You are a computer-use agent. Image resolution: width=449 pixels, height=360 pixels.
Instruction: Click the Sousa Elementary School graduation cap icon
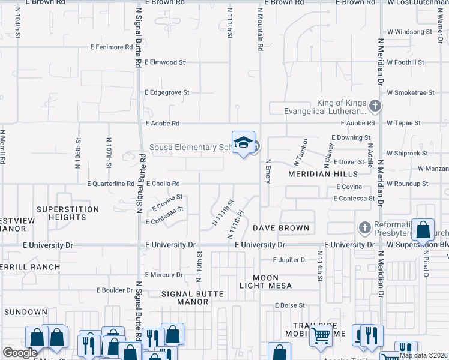point(243,143)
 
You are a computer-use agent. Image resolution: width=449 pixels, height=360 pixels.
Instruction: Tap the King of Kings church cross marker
point(375,107)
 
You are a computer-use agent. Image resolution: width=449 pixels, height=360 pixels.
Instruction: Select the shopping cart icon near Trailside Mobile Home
point(321,338)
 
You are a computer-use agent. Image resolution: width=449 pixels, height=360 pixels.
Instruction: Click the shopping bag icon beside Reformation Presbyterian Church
point(423,230)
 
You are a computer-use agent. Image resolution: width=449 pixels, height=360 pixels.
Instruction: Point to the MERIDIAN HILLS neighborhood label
point(318,174)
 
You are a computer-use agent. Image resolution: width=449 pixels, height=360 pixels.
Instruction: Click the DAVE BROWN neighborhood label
point(281,228)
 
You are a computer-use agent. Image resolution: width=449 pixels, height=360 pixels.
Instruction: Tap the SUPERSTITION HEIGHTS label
point(67,214)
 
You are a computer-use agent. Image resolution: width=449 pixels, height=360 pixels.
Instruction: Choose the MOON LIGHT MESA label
point(265,282)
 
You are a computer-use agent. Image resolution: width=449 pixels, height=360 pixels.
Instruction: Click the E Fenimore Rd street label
point(111,47)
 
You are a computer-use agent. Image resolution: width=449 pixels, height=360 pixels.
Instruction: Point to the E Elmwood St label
point(165,62)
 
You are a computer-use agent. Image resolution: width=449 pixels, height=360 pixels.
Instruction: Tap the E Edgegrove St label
point(167,92)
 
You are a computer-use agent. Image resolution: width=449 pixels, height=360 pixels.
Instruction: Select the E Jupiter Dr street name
point(290,260)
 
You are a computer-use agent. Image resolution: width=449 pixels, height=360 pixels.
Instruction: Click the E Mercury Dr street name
point(164,275)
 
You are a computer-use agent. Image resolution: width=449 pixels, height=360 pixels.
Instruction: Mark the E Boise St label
point(290,305)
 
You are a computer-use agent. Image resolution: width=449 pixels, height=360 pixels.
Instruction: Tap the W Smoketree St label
point(411,93)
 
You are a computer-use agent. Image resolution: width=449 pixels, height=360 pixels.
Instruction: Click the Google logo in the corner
point(20,353)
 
